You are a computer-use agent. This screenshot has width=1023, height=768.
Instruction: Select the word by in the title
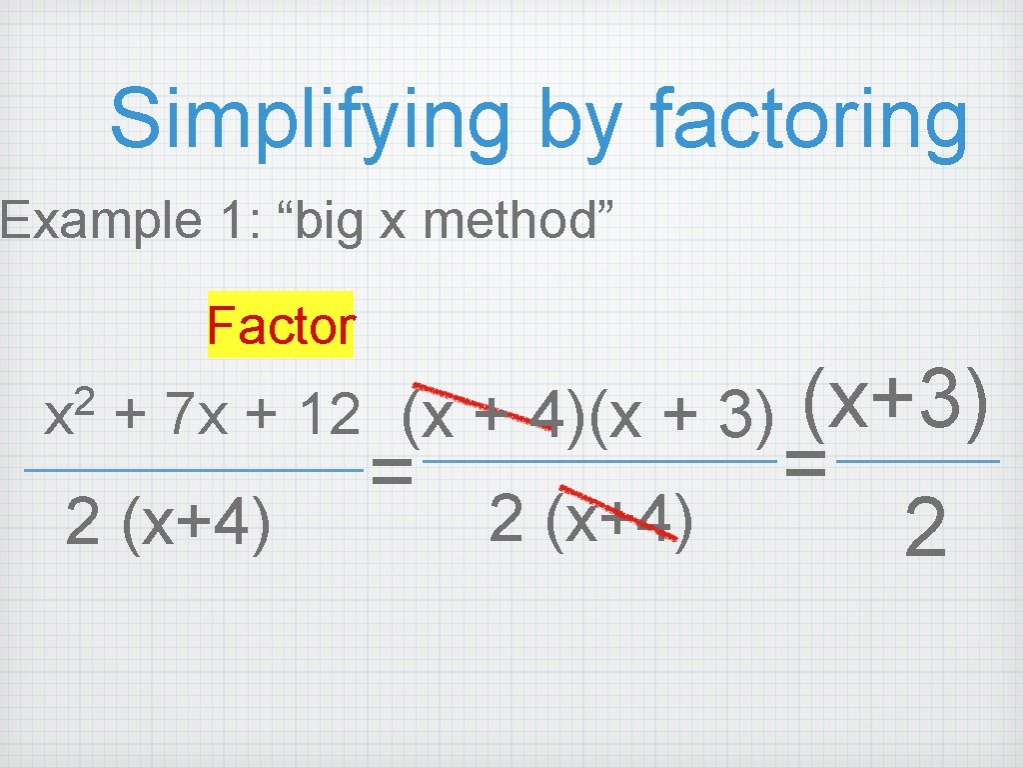click(583, 122)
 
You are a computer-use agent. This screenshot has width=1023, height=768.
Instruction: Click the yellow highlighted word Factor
click(281, 325)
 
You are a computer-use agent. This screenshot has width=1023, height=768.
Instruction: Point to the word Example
click(100, 220)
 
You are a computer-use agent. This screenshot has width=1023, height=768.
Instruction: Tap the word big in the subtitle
click(328, 222)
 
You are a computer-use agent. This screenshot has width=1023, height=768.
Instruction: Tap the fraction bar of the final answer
click(917, 461)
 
